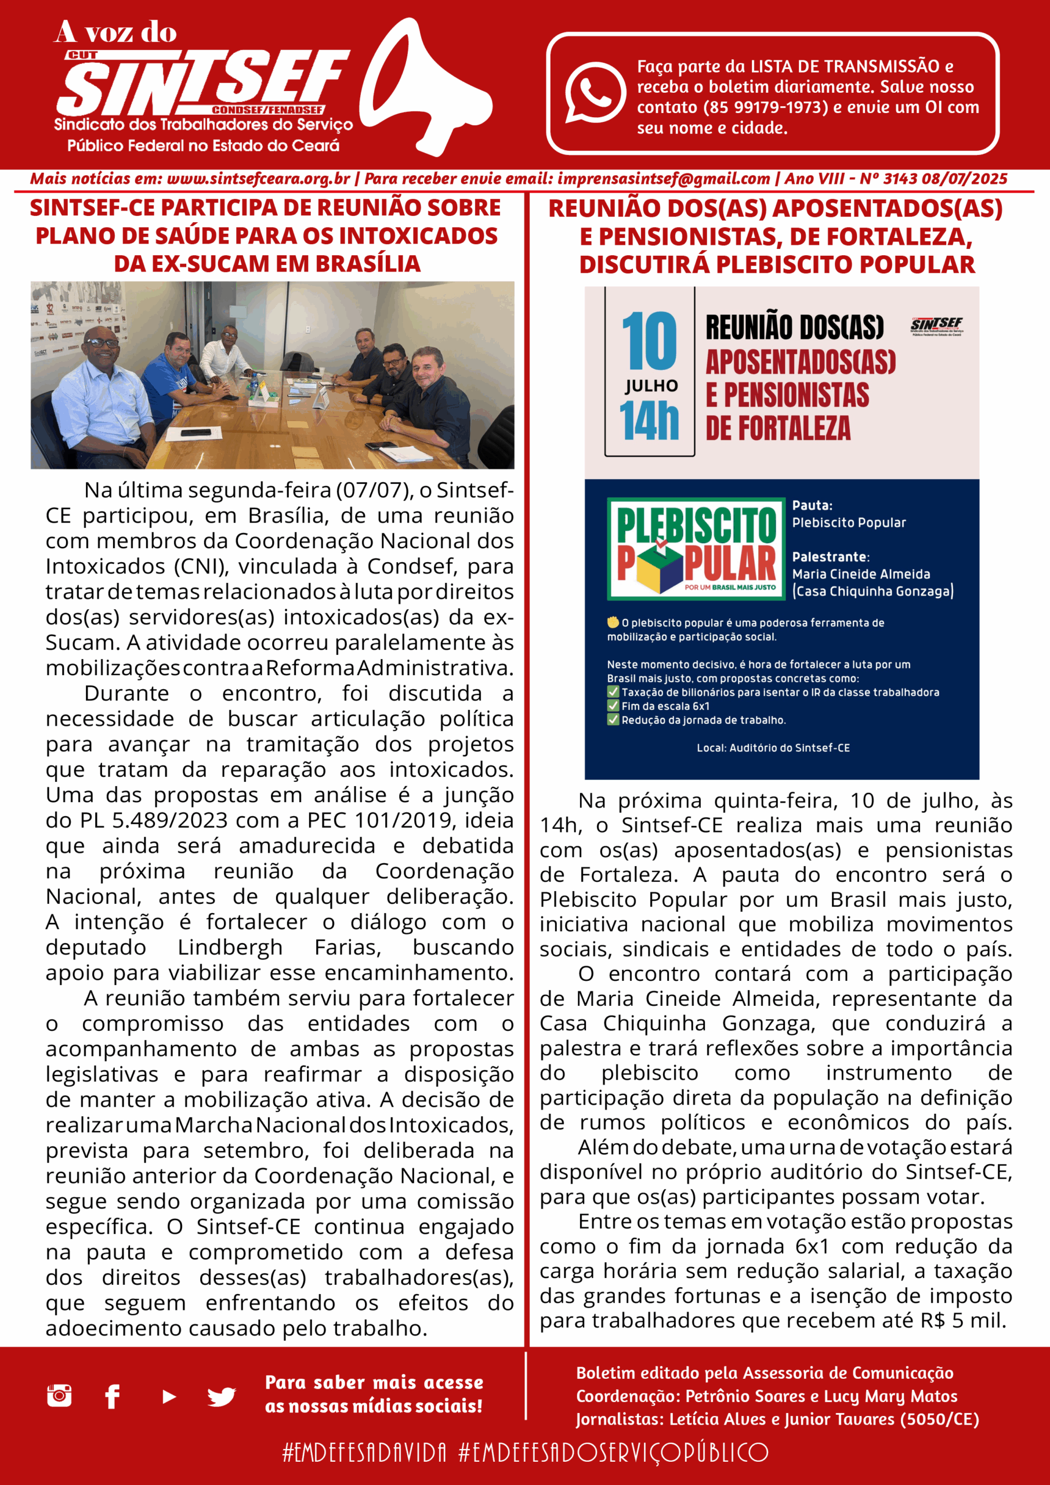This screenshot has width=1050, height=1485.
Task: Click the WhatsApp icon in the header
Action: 595,92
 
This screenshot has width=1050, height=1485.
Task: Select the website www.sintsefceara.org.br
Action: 258,179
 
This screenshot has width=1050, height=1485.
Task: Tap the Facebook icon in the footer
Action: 113,1396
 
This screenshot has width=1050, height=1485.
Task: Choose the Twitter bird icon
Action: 221,1397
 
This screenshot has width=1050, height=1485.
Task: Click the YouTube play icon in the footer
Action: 169,1397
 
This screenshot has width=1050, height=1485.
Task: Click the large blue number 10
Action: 649,342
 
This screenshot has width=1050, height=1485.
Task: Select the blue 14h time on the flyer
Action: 649,421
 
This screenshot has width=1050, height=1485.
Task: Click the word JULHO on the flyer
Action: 651,386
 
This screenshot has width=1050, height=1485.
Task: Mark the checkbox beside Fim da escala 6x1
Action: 613,705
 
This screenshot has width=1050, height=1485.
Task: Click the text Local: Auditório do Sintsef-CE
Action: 773,748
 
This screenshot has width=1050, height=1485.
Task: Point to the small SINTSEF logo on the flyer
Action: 936,325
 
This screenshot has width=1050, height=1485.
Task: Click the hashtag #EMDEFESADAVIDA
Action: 364,1453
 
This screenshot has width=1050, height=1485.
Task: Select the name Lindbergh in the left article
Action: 230,947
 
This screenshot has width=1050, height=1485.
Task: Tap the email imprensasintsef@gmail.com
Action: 663,179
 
